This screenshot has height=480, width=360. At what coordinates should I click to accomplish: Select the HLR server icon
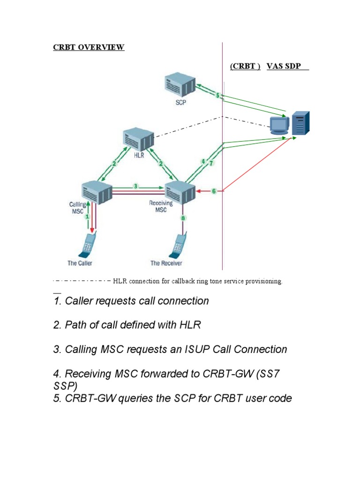point(139,139)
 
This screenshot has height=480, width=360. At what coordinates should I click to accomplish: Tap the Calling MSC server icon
point(96,191)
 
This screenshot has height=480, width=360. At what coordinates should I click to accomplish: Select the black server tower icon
point(300,123)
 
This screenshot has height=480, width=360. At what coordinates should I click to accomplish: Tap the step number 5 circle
point(217,96)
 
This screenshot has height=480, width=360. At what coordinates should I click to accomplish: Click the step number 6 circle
point(214,191)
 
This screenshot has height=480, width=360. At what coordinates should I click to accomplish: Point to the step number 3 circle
point(135,186)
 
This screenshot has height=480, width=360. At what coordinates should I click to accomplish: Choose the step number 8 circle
point(183,217)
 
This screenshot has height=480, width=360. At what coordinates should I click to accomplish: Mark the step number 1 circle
point(87,217)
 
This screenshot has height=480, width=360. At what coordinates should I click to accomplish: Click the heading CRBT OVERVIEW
point(89,48)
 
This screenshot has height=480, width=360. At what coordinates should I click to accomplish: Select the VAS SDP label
point(284,66)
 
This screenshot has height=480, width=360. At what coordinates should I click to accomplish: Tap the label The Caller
point(80,263)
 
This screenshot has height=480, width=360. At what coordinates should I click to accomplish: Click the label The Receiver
point(166,263)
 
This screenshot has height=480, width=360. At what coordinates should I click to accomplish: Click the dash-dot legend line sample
point(82,281)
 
